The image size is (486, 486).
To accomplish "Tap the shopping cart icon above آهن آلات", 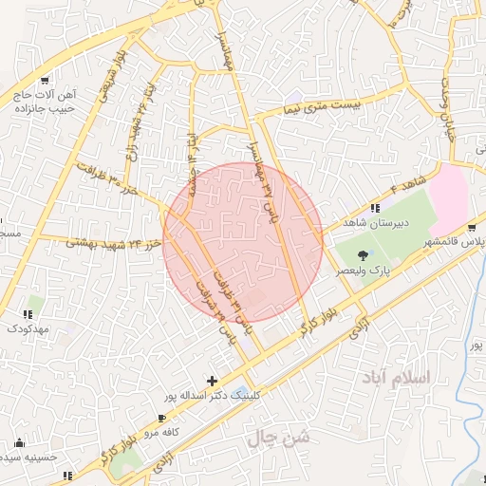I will (45, 81).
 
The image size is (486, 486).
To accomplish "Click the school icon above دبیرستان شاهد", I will (375, 208).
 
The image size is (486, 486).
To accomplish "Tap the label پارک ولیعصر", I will (364, 270).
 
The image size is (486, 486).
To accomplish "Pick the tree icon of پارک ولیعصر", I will (364, 253).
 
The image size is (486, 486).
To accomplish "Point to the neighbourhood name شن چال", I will (279, 439).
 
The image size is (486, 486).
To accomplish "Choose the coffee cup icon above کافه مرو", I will (162, 418).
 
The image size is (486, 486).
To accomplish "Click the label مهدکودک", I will (28, 327).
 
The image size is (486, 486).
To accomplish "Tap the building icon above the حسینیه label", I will (20, 443).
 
